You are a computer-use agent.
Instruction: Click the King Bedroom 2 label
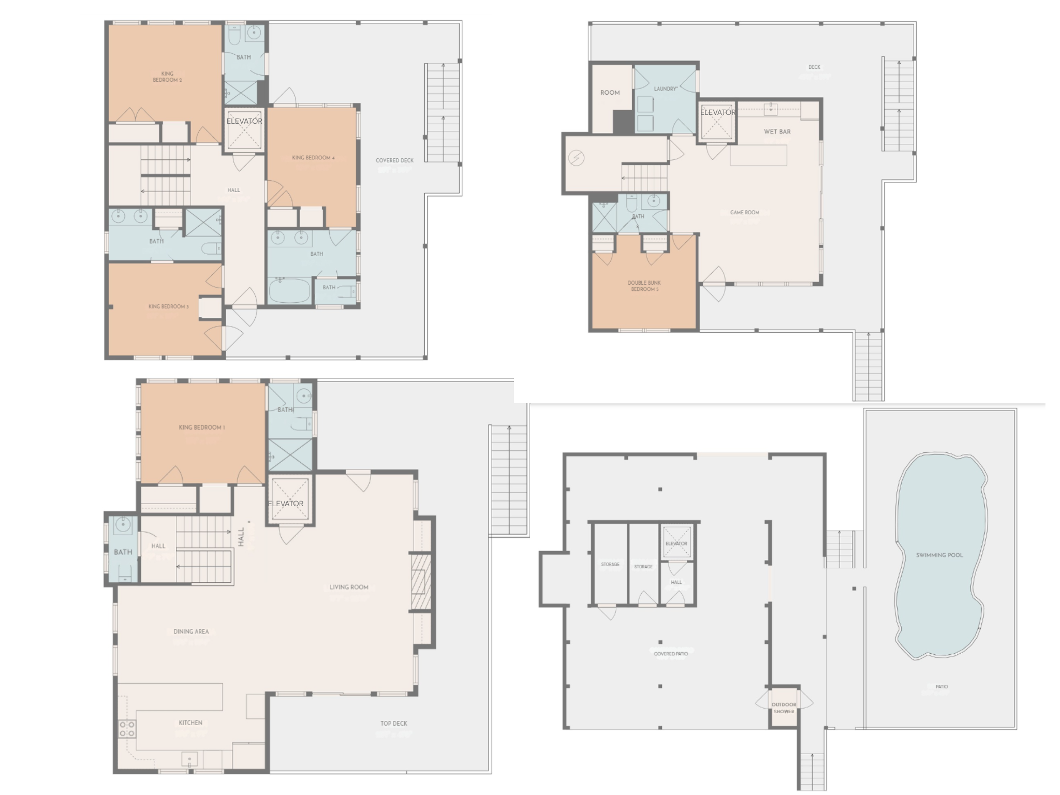pos(167,77)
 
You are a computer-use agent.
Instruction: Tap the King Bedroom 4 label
pos(313,158)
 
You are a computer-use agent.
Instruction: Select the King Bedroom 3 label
pos(168,306)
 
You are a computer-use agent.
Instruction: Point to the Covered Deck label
pos(394,160)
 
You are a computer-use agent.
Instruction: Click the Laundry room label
pos(666,89)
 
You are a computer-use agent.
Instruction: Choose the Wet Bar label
pos(777,131)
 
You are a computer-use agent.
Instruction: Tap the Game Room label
pos(744,213)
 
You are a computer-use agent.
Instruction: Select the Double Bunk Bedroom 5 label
pos(644,286)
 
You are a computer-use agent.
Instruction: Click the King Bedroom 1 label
pos(201,428)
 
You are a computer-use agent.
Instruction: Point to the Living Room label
pos(349,587)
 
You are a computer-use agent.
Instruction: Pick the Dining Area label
pos(191,631)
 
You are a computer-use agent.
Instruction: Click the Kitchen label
pos(190,723)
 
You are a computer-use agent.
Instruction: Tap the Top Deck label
pos(393,724)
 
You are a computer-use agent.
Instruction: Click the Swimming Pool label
pos(939,555)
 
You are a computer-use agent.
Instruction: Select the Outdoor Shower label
pos(784,708)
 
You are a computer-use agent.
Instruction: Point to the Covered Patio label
pos(671,654)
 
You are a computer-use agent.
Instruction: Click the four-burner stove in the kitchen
pos(127,729)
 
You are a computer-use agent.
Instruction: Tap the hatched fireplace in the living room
pos(421,581)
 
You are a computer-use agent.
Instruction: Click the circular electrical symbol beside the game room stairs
pos(576,158)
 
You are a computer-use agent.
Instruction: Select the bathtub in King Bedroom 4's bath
pos(289,291)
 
